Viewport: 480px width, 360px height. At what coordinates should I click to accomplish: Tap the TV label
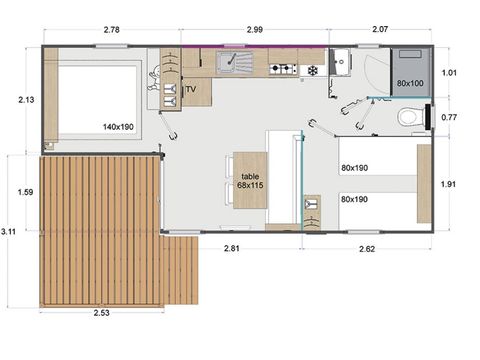coord(191,89)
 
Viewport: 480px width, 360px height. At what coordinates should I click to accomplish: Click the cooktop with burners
coord(284,69)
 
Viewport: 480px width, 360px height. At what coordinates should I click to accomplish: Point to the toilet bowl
coord(410,118)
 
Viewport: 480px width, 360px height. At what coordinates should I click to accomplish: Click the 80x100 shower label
coord(410,84)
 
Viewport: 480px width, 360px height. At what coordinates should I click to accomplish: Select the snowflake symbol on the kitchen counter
coord(312,70)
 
